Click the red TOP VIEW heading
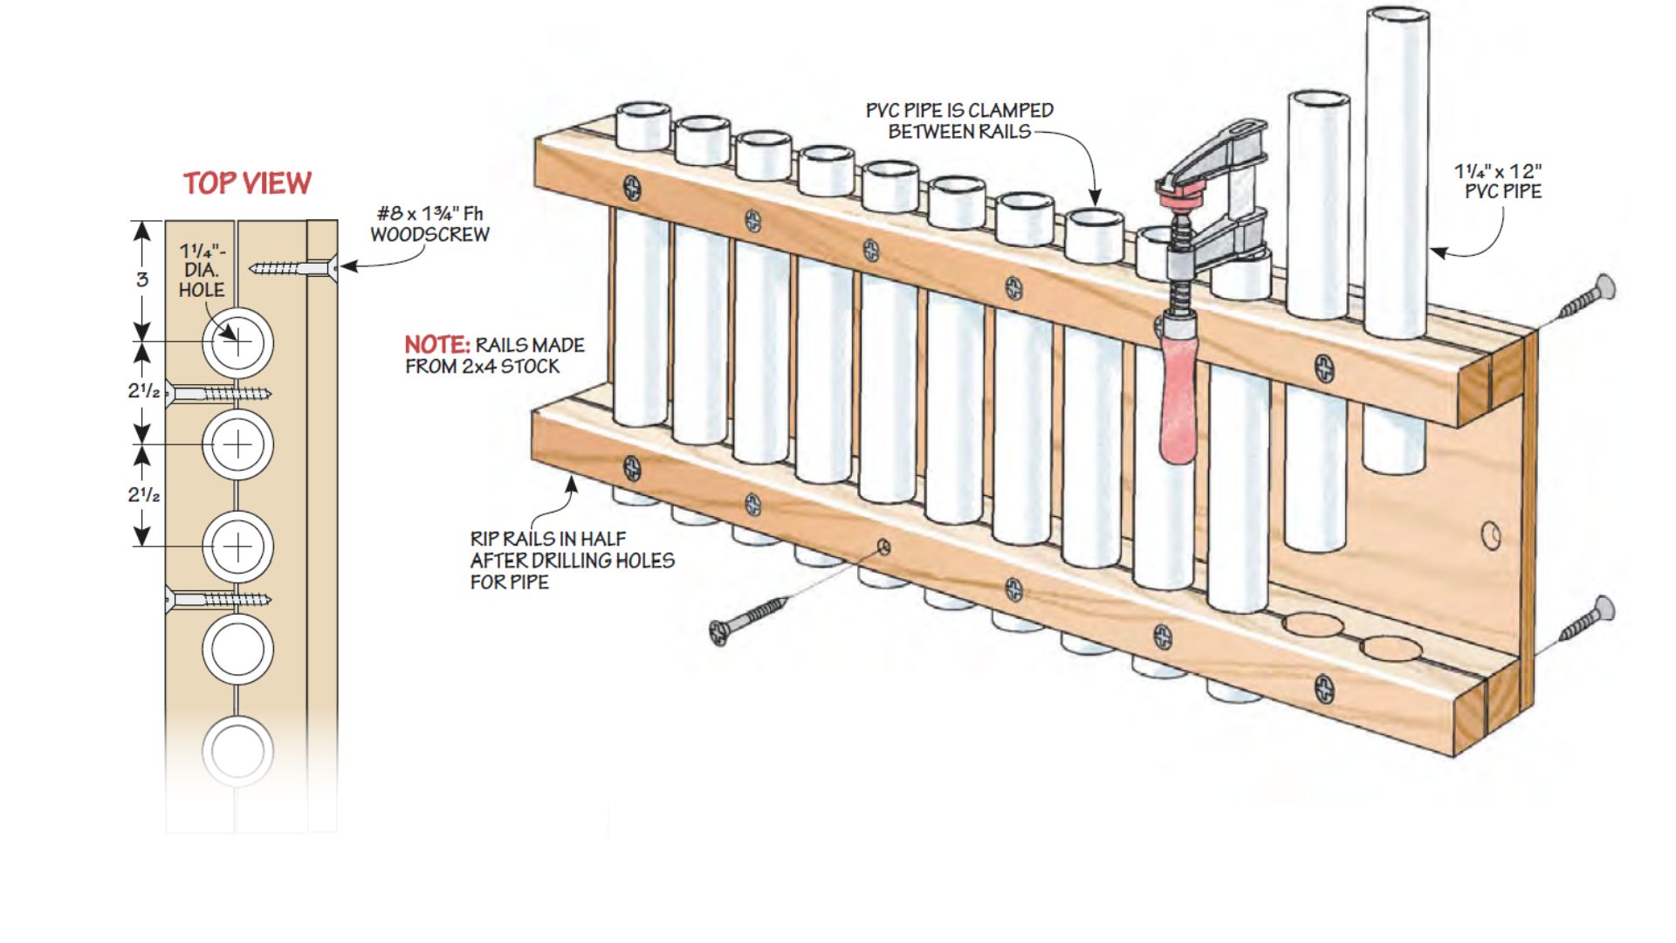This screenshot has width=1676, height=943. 247,183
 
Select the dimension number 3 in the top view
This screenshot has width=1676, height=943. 142,279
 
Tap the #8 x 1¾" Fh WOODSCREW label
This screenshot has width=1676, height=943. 429,224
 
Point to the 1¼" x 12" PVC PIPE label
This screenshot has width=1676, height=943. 1498,182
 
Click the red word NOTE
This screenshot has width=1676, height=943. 436,345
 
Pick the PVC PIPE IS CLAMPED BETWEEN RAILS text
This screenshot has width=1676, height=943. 959,121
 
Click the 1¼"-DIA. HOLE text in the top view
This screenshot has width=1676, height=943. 202,272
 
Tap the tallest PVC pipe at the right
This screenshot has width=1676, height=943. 1396,175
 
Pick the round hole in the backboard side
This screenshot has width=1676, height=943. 1491,535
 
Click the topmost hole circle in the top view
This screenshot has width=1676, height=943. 237,342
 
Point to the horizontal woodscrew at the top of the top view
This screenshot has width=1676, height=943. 292,267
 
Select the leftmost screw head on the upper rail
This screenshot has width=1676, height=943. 631,188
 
